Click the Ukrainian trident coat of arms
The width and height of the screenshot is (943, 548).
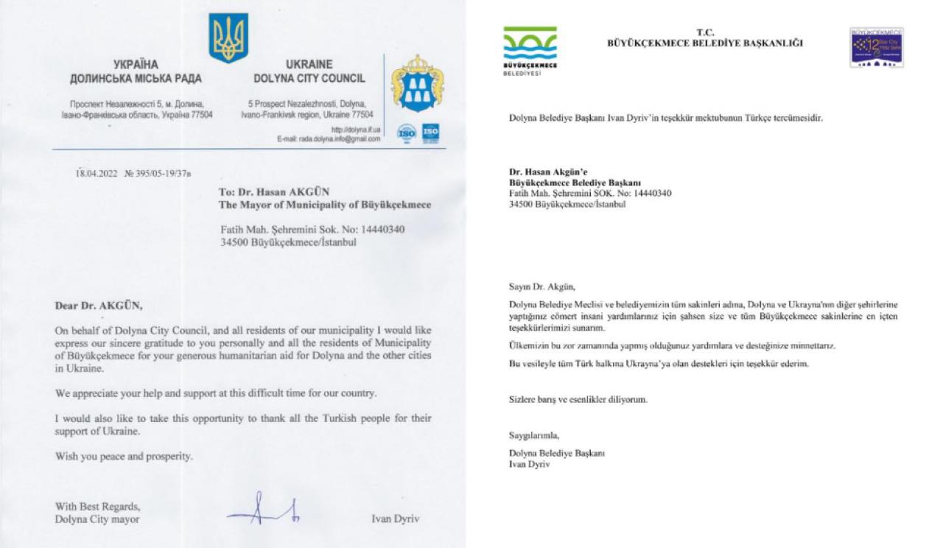tap(228, 38)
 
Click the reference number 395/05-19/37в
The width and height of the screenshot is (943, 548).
tap(158, 175)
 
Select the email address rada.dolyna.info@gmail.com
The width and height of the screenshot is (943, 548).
tap(329, 139)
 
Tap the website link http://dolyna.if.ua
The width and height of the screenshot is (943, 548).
tap(356, 130)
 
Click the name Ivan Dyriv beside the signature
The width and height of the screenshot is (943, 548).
tap(396, 519)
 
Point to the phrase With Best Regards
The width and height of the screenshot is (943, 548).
tap(97, 507)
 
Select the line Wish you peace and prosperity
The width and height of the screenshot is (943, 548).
tap(124, 457)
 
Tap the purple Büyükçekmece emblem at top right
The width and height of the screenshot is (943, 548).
tap(877, 48)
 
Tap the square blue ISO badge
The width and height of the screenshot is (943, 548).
tap(431, 133)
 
